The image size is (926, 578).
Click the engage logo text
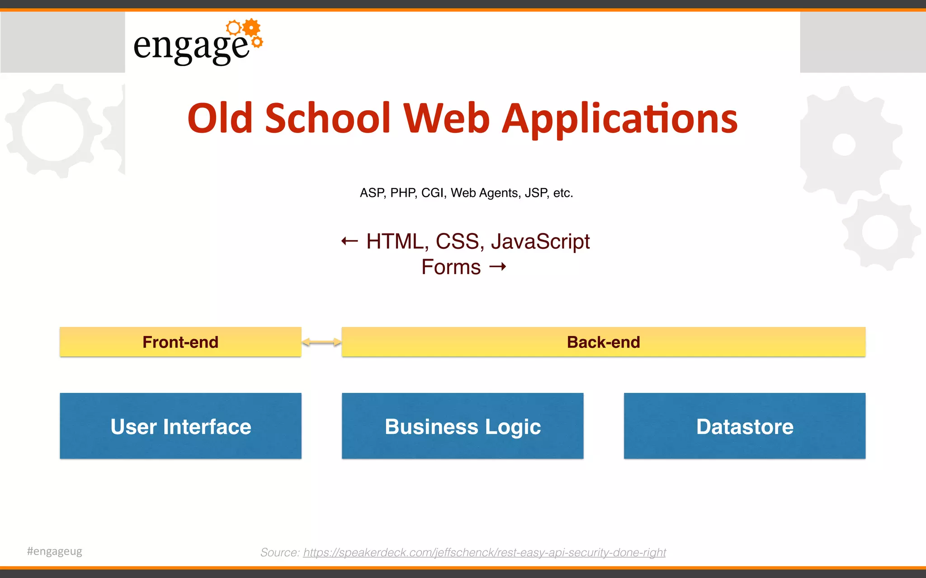191,47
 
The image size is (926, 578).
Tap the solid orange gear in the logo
251,28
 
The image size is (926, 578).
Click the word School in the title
327,118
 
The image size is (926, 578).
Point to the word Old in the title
220,118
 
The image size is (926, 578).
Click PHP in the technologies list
403,193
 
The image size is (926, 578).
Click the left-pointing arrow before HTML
350,241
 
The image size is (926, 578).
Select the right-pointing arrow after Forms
498,267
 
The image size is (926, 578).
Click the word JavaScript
540,242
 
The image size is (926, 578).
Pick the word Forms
451,267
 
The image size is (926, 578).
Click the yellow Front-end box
180,342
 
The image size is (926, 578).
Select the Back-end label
603,342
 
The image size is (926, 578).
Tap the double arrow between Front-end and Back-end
321,342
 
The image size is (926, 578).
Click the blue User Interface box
180,426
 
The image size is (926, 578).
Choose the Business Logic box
463,426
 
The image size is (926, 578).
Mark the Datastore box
744,426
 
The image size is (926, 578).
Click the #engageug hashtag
55,551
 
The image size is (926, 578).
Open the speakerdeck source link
484,552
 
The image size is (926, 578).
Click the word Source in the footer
279,552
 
